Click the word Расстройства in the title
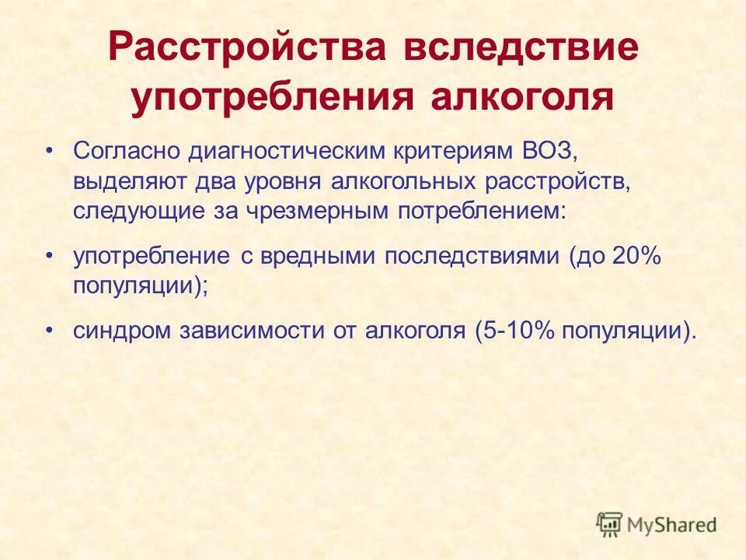click(x=246, y=50)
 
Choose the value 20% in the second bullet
click(x=636, y=256)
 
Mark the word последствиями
click(x=471, y=256)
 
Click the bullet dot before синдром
click(x=51, y=330)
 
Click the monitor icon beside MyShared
click(x=610, y=524)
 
